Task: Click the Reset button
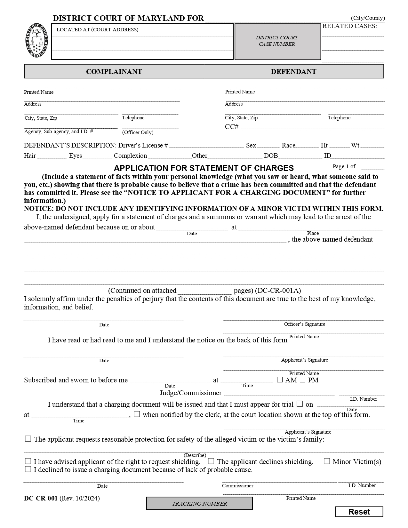pos(359,512)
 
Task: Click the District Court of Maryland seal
pos(37,41)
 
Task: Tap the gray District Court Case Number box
pos(277,41)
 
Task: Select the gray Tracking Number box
pos(199,503)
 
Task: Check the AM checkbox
pos(280,380)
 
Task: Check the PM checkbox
pos(302,380)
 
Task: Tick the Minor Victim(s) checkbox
pos(327,461)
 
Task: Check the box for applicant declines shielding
pos(211,461)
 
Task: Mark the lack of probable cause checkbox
pos(28,469)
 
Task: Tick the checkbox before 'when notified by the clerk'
pos(137,414)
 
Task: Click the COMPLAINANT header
pos(114,71)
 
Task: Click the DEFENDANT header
pos(293,71)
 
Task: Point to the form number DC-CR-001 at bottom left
pos(41,498)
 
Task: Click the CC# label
pos(232,127)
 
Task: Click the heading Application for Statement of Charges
pos(204,168)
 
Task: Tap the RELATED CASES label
pos(349,26)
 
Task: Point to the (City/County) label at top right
pos(368,18)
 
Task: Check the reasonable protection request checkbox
pos(28,439)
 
